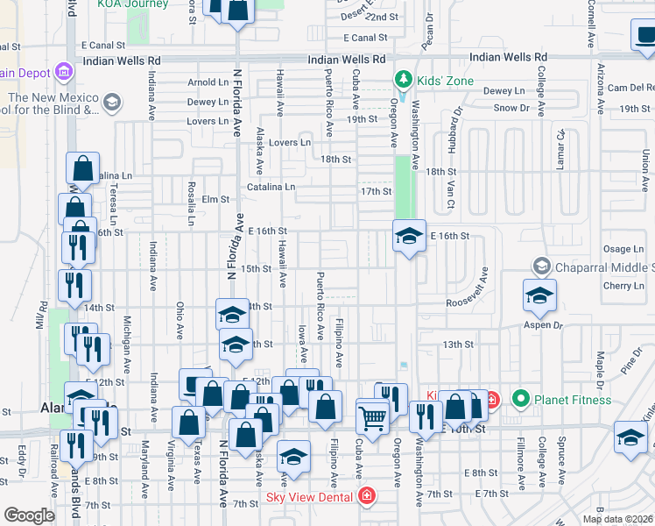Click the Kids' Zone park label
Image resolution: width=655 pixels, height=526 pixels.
[446, 82]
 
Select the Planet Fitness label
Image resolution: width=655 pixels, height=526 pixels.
[574, 401]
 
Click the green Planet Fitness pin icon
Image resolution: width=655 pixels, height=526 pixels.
[521, 401]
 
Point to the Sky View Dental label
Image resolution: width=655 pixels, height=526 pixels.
[307, 497]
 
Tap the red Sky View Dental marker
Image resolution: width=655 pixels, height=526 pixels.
[365, 497]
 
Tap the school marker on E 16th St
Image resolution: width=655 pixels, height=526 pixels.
[409, 236]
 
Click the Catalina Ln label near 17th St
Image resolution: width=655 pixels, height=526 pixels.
[271, 187]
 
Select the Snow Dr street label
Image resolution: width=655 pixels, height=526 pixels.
[511, 108]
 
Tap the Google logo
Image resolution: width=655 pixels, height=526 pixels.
[28, 515]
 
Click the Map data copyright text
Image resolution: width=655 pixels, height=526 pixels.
[616, 519]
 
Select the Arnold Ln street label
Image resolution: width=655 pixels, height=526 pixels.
[208, 82]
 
